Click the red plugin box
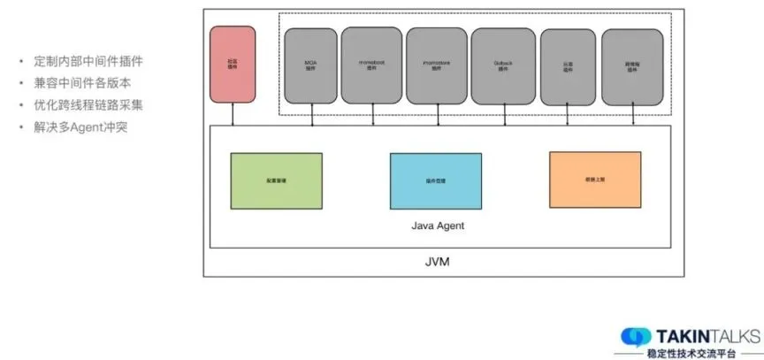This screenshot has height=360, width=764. pos(233,63)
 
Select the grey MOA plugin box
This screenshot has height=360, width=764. pos(311,64)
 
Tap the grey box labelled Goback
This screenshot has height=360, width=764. pos(503,65)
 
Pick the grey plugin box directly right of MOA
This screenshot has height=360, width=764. pos(371,64)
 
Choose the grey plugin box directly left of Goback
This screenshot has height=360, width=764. pos(437,64)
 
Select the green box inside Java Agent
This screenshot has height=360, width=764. pos(277,180)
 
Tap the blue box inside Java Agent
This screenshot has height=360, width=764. pos(436,180)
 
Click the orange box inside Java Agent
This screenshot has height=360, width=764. pos(592,180)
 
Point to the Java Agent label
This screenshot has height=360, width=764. pos(438,226)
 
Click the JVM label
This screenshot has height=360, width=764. pos(439,264)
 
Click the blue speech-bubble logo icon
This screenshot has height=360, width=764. pos(636,336)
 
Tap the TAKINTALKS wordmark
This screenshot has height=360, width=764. pos(707,335)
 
